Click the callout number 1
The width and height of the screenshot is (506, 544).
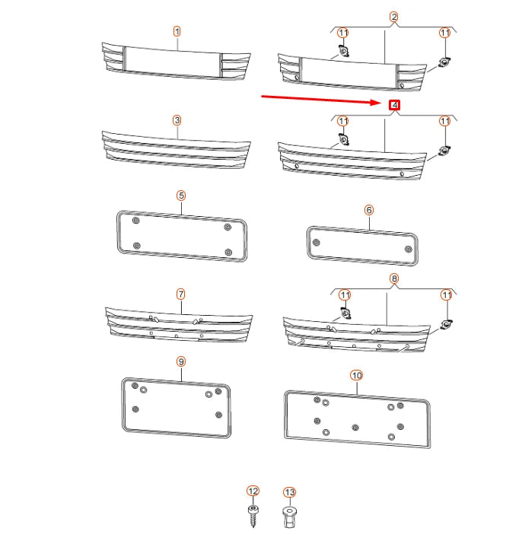point(177,32)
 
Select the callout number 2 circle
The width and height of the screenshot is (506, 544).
point(394,17)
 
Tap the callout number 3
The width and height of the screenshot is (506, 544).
point(177,120)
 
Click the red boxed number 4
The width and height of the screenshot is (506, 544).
point(394,104)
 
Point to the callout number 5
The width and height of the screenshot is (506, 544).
point(181,196)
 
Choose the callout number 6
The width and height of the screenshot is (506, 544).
point(369,209)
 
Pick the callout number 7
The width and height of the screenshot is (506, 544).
point(181,294)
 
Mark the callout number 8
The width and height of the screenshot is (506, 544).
point(394,279)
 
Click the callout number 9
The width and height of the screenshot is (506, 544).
point(181,361)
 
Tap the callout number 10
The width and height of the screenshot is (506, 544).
point(357,376)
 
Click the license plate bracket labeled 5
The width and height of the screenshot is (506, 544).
point(181,237)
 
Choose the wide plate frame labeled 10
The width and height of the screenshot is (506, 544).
point(357,418)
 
